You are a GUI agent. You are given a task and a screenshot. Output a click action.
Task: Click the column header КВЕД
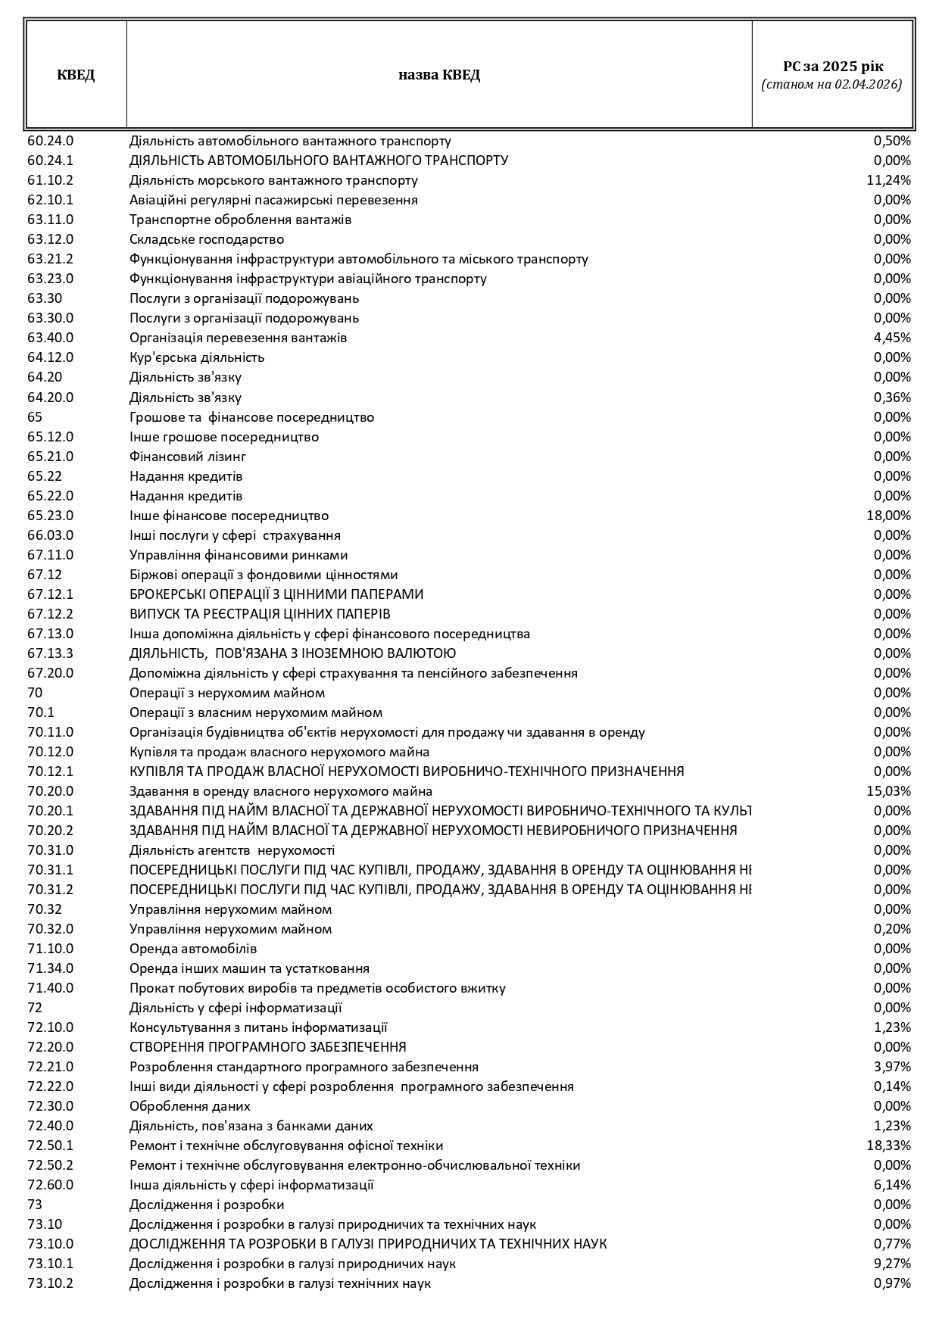point(76,75)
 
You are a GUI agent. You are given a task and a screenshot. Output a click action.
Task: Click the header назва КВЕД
point(439,75)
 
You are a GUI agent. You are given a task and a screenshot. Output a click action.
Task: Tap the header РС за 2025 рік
point(832,67)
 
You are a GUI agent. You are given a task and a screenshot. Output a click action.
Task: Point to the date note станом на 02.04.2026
point(831,85)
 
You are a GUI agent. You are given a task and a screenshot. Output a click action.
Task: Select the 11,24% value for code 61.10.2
point(888,180)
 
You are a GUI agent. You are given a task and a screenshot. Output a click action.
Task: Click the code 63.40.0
point(51,338)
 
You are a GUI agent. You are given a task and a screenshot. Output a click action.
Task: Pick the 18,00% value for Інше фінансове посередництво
point(888,516)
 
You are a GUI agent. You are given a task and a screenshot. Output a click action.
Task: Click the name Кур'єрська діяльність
point(197,357)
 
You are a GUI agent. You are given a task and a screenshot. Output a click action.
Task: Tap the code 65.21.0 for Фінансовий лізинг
point(51,457)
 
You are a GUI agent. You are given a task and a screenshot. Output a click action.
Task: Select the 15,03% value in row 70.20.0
point(888,791)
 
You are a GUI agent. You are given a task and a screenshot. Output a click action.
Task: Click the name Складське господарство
point(207,239)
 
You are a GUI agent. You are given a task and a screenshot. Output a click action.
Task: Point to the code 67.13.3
point(51,653)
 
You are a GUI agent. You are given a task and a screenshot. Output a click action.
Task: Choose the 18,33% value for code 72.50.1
point(888,1146)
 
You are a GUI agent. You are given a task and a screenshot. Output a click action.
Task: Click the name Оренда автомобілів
point(193,949)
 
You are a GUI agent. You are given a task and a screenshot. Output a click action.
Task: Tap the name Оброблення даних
point(190,1106)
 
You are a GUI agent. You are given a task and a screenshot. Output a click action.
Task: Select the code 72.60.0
point(51,1185)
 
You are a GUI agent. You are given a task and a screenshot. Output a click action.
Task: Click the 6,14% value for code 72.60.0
point(892,1185)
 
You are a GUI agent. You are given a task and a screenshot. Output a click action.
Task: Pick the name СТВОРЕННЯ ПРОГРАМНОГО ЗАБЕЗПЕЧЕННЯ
point(268,1047)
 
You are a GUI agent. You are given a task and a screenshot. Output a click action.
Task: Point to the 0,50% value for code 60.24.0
point(892,141)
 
